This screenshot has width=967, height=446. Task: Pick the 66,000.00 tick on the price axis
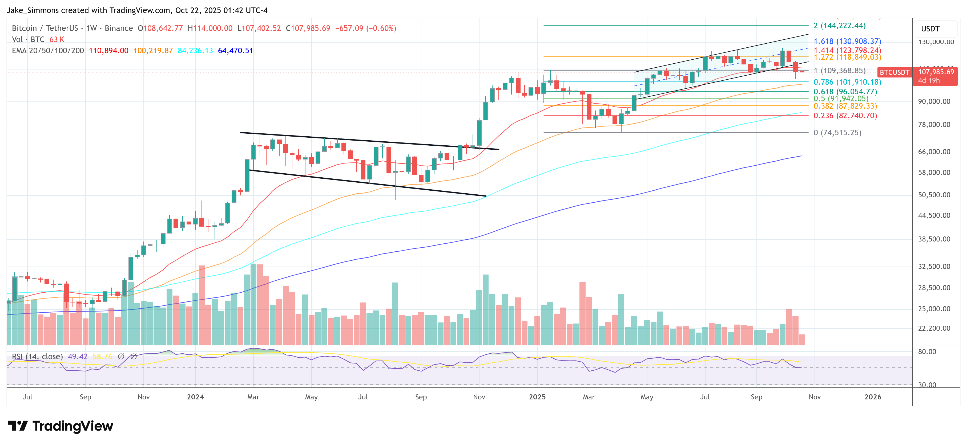pos(934,152)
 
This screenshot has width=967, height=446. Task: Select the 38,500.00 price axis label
pos(934,239)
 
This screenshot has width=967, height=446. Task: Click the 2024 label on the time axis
pos(195,397)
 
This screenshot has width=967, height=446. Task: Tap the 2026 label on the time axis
pos(872,397)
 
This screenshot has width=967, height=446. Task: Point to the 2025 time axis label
pos(537,397)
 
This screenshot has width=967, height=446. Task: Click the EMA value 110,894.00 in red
pos(108,51)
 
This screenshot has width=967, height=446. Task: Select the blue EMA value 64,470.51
pos(235,51)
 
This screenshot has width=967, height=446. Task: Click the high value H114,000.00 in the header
pos(210,28)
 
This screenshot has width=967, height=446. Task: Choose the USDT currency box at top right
pos(930,29)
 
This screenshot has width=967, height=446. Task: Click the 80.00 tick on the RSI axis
pos(927,351)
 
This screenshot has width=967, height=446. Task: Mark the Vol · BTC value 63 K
pos(57,39)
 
